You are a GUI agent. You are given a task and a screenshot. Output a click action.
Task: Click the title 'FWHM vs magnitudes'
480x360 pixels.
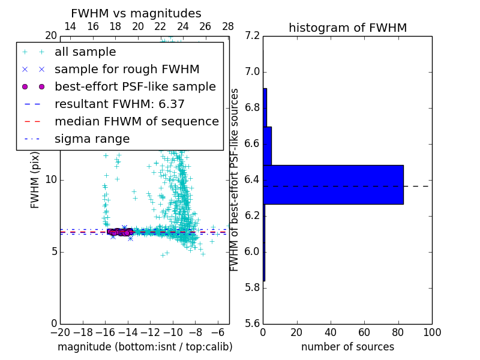click(x=136, y=14)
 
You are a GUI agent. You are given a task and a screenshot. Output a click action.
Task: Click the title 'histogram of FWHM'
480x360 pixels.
click(x=347, y=28)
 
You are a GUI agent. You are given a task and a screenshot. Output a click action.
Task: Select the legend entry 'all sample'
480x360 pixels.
click(x=85, y=52)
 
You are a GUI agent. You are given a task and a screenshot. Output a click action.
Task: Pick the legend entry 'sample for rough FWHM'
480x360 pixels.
click(x=127, y=70)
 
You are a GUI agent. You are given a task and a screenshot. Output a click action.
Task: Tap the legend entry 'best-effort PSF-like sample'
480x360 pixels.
click(x=135, y=87)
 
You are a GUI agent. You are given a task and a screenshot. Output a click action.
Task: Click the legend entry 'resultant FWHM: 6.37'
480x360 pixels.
click(x=119, y=104)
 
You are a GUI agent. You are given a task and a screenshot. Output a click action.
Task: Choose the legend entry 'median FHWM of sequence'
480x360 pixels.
click(x=136, y=122)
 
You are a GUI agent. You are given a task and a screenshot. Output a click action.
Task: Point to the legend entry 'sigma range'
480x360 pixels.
click(x=92, y=139)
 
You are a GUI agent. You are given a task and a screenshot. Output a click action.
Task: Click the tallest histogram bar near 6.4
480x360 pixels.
click(x=333, y=185)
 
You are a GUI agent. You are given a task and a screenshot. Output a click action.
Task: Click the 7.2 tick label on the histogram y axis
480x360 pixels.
click(x=253, y=36)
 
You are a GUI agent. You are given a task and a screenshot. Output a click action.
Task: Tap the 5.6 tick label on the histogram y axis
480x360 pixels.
click(x=253, y=323)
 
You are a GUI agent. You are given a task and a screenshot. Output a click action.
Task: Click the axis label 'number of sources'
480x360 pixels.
click(x=347, y=347)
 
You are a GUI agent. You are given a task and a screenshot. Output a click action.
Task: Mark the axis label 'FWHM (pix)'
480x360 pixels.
click(x=35, y=180)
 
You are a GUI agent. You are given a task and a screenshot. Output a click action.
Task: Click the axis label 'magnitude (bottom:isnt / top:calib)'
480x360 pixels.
click(x=145, y=347)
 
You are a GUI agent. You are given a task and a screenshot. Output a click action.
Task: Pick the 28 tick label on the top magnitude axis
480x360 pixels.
click(x=228, y=26)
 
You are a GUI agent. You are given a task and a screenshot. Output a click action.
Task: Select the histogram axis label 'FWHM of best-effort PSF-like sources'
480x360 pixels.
click(x=235, y=180)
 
